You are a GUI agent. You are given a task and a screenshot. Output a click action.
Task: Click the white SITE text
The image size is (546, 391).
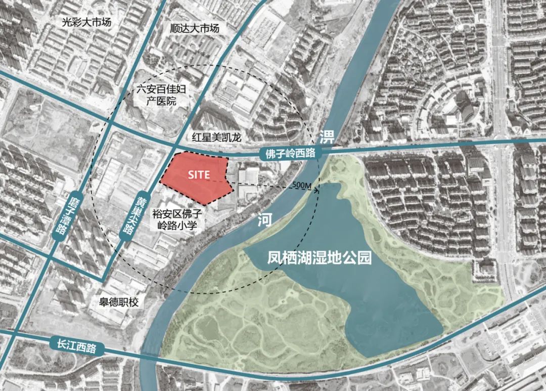point(198,174)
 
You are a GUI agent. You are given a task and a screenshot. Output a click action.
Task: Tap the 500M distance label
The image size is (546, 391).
point(301,186)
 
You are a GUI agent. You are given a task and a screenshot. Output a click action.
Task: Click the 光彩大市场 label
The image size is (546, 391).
point(86,22)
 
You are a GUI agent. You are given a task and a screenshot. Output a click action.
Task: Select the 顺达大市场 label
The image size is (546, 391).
point(195,28)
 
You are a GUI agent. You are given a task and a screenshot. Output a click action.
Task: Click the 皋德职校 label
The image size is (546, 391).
point(118,302)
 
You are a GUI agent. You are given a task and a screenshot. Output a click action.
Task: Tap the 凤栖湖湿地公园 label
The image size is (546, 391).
point(320,258)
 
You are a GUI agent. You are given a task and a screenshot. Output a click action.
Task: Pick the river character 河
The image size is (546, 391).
point(262,219)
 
